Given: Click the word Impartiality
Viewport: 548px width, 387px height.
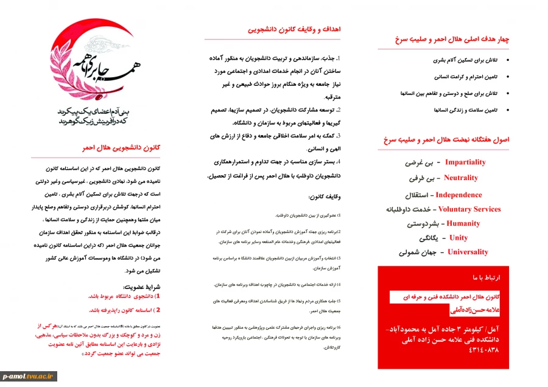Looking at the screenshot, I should tap(465, 162).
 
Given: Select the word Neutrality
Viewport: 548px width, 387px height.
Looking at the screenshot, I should tap(461, 178).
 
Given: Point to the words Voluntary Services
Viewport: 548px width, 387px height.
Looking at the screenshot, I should tap(469, 209).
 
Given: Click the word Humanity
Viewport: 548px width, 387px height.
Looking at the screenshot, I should tap(463, 223).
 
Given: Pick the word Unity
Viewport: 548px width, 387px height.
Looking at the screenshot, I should tap(458, 238).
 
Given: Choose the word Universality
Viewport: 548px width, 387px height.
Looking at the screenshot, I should tap(468, 252).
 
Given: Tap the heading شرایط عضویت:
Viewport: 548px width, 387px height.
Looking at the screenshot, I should tap(141, 286).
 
